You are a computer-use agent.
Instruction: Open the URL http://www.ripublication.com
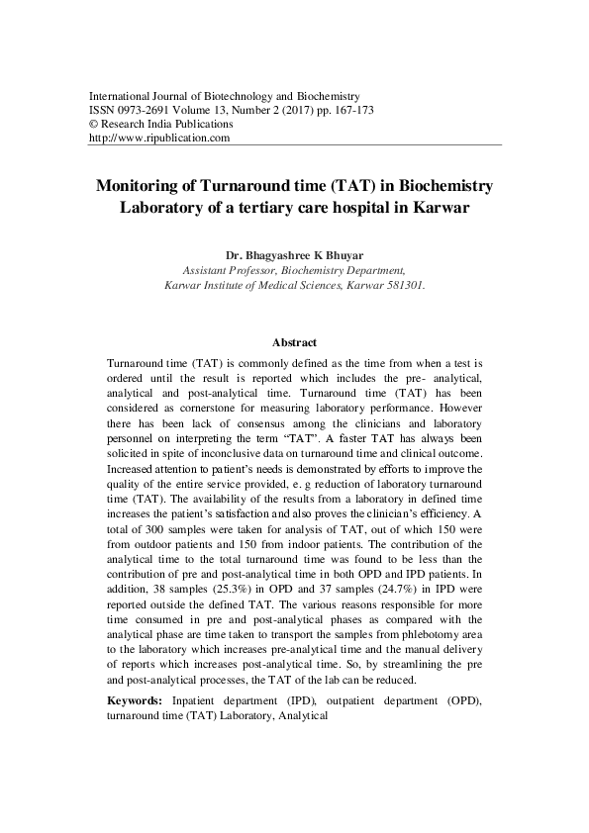point(159,139)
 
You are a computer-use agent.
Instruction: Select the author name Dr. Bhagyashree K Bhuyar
point(294,252)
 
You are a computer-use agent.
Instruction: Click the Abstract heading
point(294,341)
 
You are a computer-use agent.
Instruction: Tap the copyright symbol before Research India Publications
point(94,125)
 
